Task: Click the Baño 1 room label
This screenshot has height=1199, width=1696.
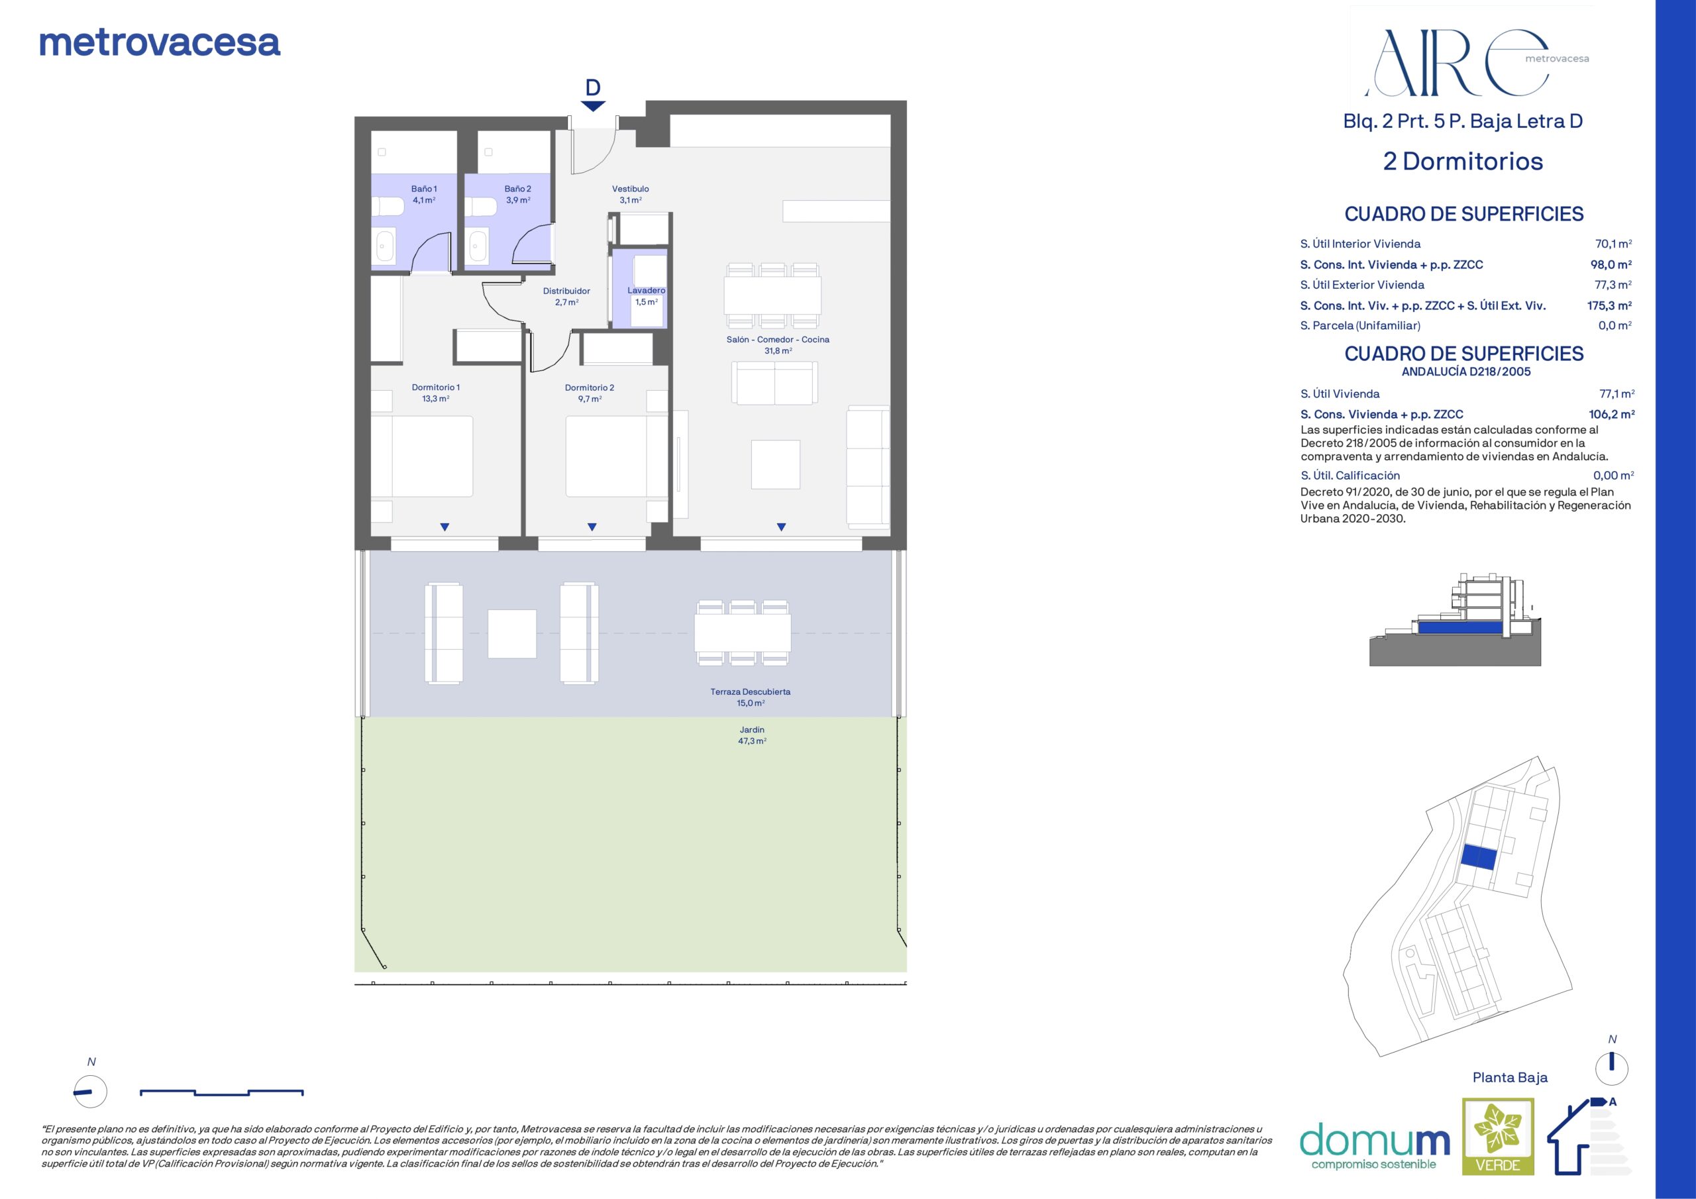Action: (424, 194)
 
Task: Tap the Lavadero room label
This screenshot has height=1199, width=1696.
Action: (647, 296)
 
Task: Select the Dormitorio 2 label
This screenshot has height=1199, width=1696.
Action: (590, 393)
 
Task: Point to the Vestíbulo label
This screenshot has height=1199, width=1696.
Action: (630, 194)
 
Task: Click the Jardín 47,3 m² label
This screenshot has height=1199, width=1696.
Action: (752, 735)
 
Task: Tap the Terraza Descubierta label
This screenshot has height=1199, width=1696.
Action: (751, 698)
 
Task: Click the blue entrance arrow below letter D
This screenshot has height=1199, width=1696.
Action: (592, 107)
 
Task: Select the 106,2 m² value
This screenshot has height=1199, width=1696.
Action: (1612, 415)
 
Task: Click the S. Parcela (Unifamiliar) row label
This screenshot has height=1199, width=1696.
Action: (1360, 326)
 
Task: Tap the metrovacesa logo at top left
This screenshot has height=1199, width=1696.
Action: (160, 43)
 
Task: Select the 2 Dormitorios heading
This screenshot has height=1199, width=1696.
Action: (1463, 161)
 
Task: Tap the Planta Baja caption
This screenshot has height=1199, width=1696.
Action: (1510, 1077)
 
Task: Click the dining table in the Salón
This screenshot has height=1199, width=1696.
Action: (772, 295)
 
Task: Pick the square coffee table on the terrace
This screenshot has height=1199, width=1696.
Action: (512, 633)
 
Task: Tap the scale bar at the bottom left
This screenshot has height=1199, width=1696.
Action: (221, 1092)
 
